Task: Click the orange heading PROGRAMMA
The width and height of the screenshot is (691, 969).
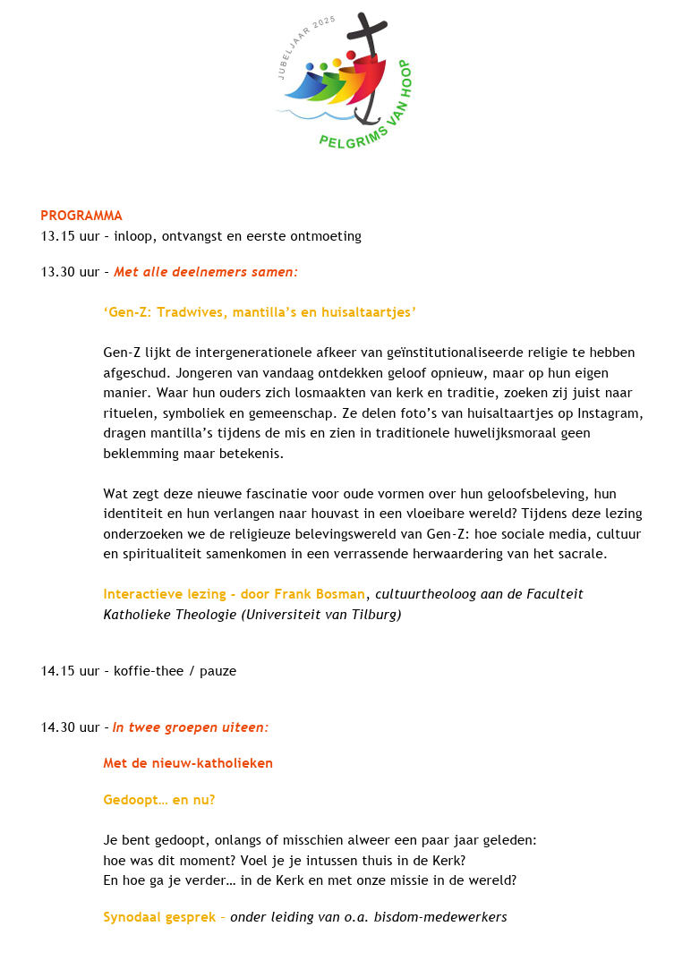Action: [x=81, y=216]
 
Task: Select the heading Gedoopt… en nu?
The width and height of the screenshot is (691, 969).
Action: [x=159, y=800]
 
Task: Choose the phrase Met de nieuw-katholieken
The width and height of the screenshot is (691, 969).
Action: [x=188, y=763]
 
